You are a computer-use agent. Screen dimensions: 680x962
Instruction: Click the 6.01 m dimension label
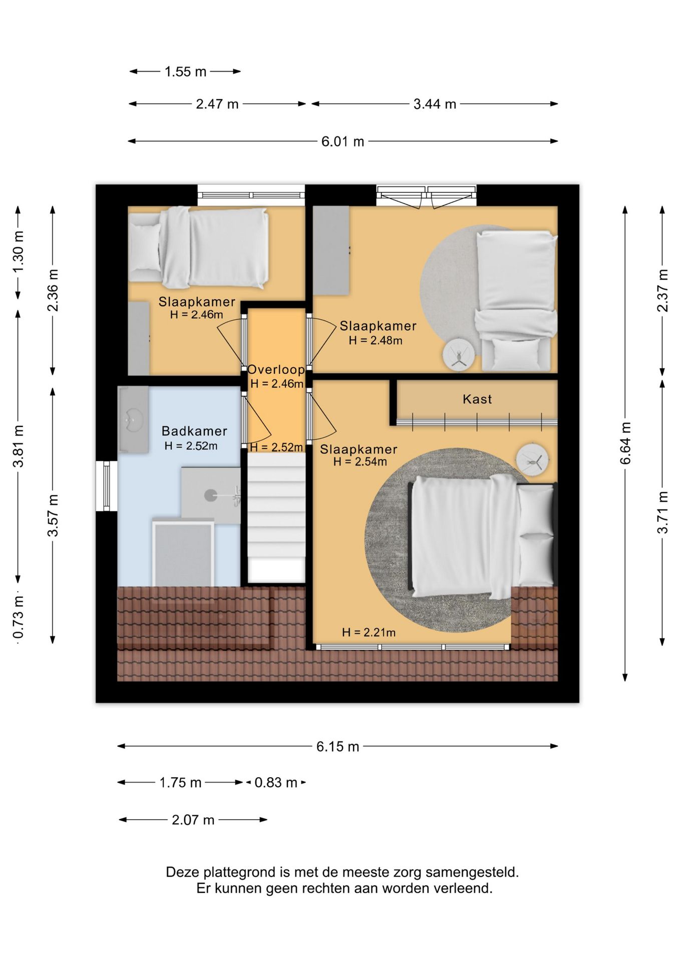(343, 142)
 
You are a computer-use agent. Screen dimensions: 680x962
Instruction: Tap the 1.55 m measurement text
(185, 72)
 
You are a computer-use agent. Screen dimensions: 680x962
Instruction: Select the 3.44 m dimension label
(435, 104)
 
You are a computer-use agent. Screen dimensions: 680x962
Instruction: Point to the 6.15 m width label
(337, 747)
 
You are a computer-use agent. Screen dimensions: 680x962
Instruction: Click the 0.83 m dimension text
(276, 783)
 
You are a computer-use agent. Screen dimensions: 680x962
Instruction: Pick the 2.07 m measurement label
(193, 820)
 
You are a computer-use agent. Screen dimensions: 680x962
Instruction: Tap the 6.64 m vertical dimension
(625, 443)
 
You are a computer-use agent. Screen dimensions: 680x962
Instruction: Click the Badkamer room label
(194, 431)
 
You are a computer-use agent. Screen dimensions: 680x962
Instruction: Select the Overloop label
(276, 370)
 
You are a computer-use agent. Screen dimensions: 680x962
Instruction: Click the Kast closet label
(477, 399)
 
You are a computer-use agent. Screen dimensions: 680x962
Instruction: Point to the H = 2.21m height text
(369, 633)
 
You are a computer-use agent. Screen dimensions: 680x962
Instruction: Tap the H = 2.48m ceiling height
(376, 341)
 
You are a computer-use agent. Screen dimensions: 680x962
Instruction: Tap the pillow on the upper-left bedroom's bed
(145, 247)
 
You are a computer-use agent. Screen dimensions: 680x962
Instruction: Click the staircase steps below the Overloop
(276, 519)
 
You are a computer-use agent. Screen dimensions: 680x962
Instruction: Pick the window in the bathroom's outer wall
(106, 486)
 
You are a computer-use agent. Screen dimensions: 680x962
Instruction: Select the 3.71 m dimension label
(662, 513)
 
